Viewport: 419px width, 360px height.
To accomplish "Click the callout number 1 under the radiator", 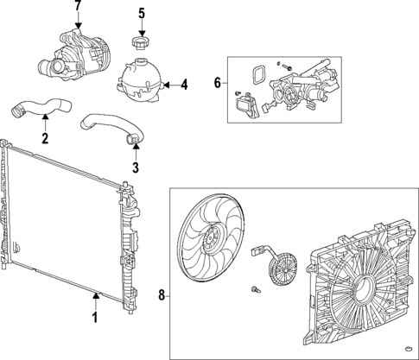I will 96,317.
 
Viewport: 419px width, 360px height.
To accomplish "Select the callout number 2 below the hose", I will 45,136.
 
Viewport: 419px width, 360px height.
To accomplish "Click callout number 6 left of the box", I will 217,85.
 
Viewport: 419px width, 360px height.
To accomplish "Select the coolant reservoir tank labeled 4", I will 138,76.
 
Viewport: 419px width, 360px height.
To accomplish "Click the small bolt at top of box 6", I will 286,66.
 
